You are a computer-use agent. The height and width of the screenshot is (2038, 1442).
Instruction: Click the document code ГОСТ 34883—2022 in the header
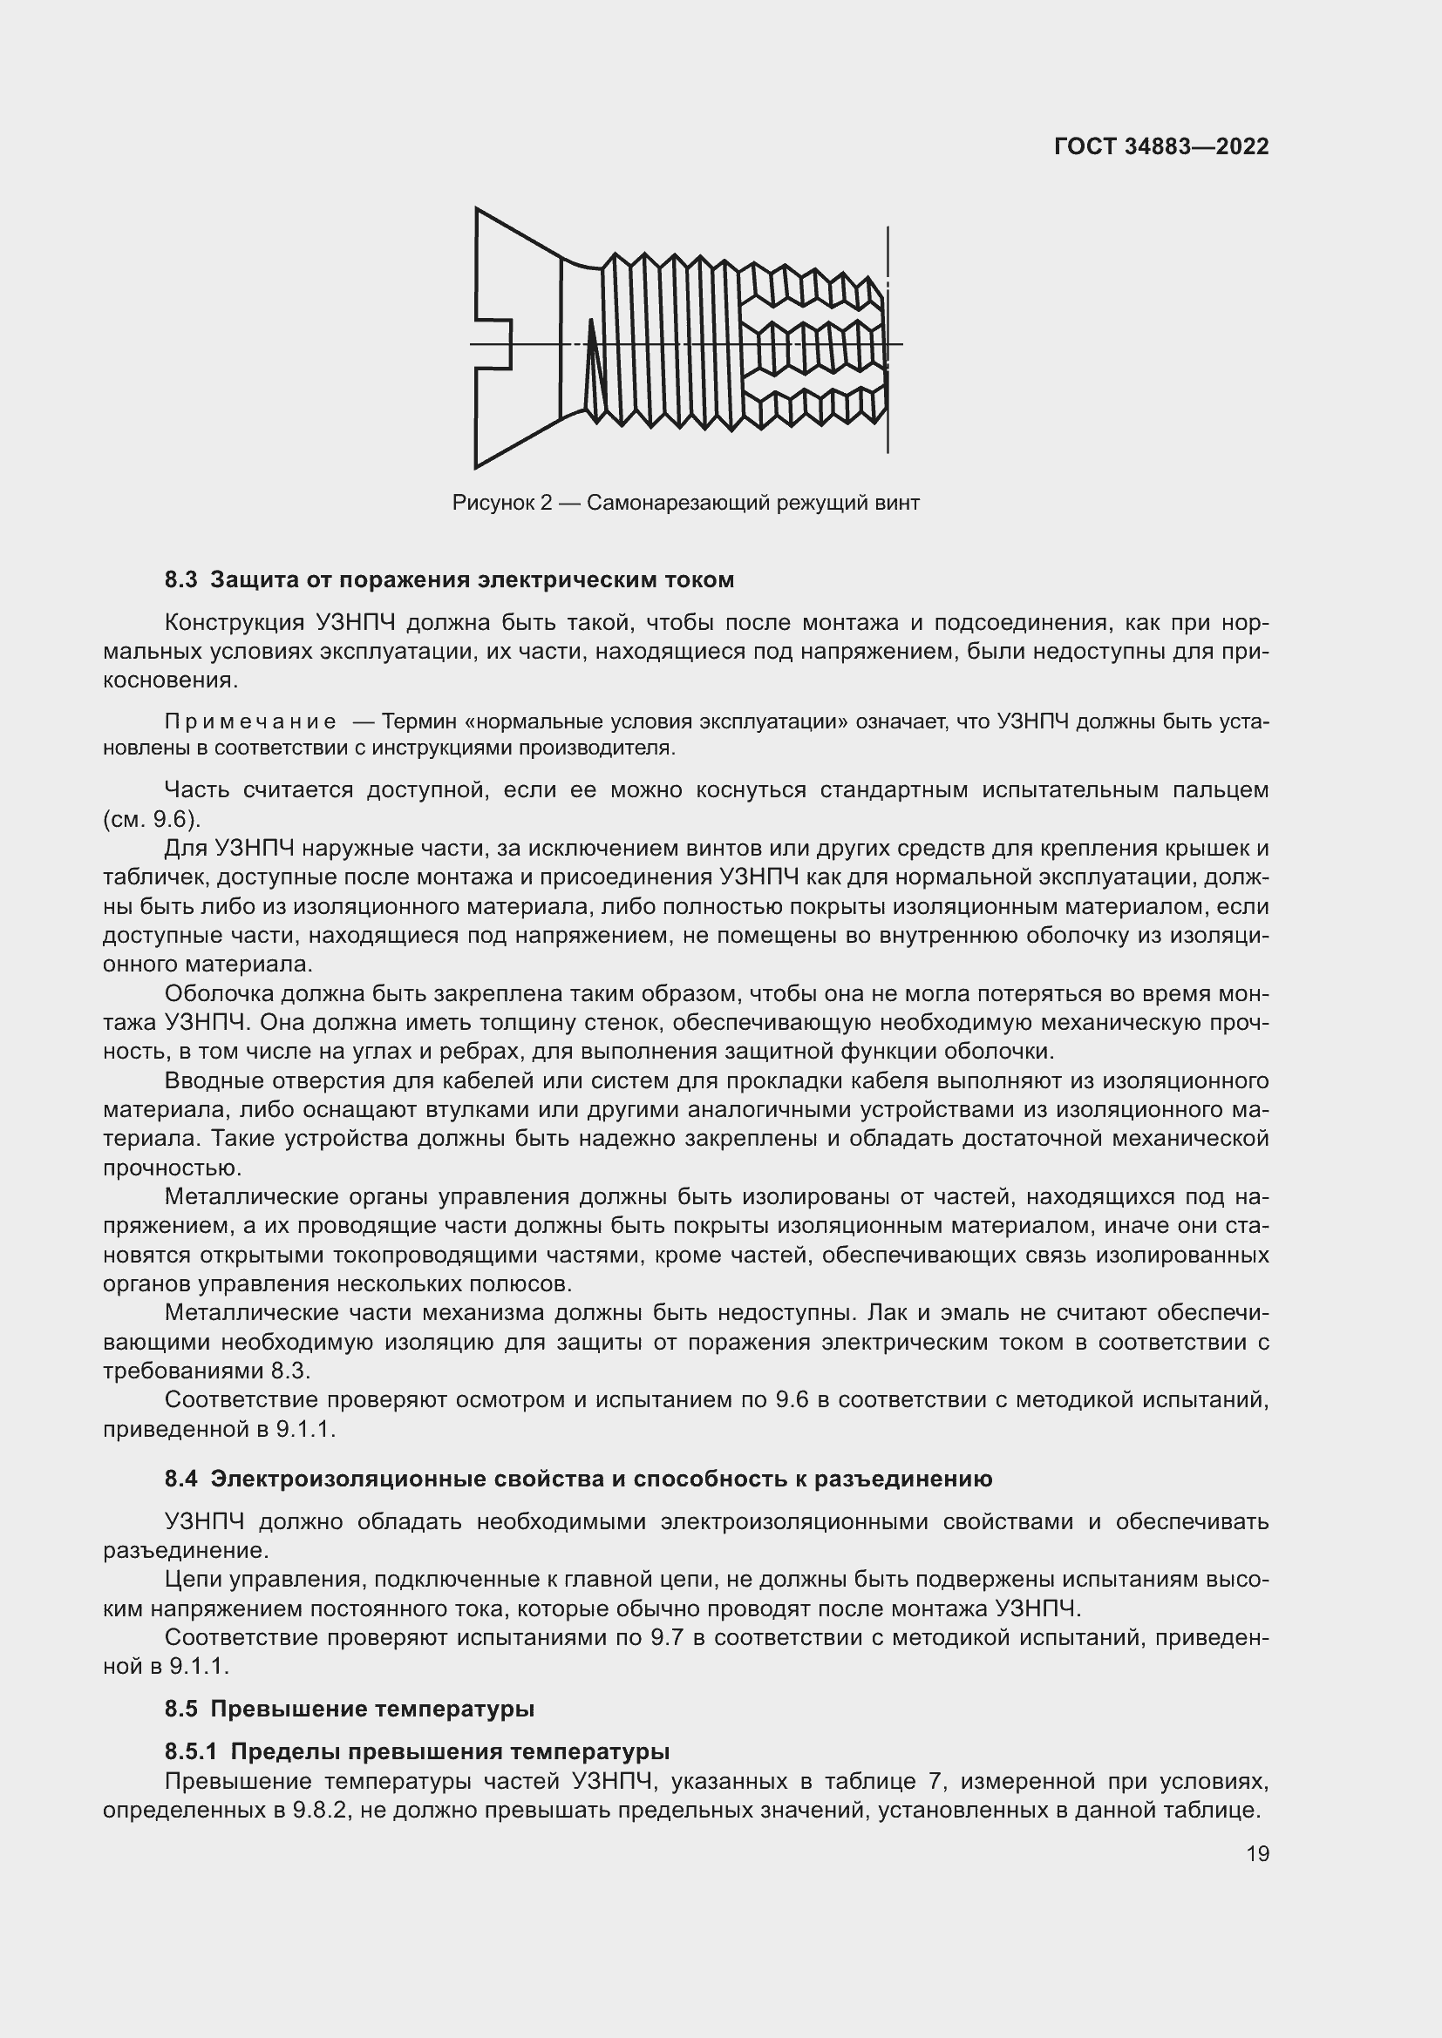[1160, 146]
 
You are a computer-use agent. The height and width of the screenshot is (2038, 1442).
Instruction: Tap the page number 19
[1257, 1853]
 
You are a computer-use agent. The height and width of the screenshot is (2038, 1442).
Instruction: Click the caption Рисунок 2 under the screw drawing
[501, 504]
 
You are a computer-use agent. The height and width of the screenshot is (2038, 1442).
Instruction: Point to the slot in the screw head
[494, 343]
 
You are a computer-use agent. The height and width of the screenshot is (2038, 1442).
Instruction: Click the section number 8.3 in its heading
[180, 580]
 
